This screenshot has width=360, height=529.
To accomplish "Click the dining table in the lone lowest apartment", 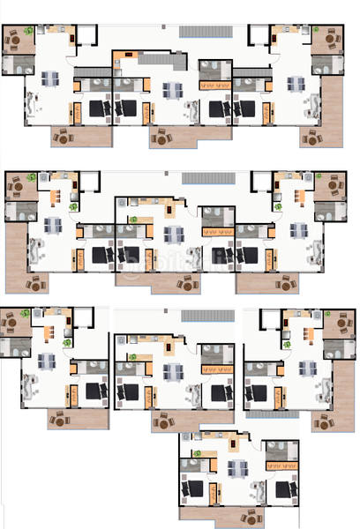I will tap(236, 468).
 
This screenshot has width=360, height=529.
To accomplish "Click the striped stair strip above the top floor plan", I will tap(206, 32).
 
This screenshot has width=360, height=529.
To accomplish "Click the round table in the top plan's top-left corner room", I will tap(15, 40).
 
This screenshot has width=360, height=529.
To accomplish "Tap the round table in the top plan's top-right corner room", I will tap(331, 40).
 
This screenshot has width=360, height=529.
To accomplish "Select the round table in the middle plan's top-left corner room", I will tap(15, 186).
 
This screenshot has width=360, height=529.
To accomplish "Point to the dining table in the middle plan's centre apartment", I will tap(175, 233).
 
